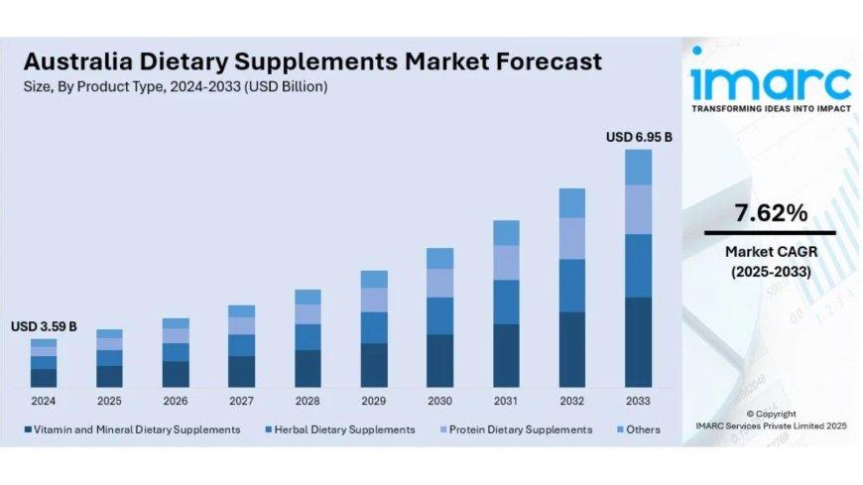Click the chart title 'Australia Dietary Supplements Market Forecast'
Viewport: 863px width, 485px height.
click(x=310, y=61)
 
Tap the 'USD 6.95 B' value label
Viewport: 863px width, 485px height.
click(x=639, y=137)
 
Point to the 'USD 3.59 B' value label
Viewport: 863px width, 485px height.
click(x=44, y=326)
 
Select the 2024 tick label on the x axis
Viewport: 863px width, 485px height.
click(x=44, y=401)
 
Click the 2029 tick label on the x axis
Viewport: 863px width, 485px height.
click(x=374, y=401)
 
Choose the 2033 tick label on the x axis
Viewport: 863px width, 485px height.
click(x=638, y=401)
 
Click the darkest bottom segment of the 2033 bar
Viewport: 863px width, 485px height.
click(x=638, y=341)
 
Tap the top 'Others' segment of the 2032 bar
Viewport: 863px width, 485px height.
click(x=572, y=203)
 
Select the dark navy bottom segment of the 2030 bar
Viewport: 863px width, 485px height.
click(x=439, y=360)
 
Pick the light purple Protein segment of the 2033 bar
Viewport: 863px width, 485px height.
click(x=638, y=209)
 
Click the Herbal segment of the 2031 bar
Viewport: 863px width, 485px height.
click(x=506, y=302)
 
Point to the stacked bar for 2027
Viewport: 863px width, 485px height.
click(x=241, y=346)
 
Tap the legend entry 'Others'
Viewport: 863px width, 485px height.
click(x=640, y=429)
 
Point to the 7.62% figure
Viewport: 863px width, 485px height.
click(x=770, y=212)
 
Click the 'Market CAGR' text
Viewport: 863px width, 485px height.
click(x=770, y=252)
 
